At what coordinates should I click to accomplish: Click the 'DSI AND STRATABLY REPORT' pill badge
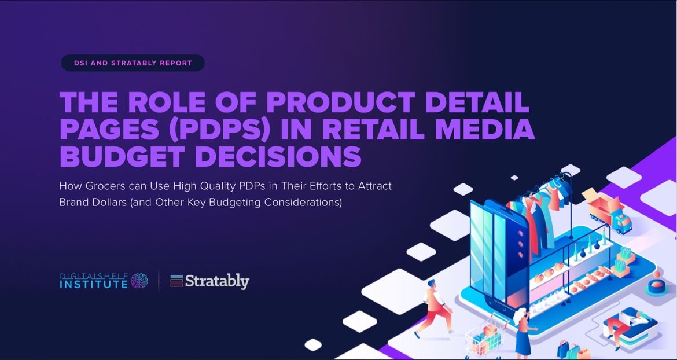(x=133, y=63)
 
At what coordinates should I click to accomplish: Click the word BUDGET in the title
(x=122, y=156)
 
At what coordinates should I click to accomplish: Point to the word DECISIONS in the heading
(x=278, y=156)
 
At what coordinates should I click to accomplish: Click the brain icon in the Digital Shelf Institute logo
(x=139, y=281)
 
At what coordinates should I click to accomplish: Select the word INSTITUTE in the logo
(x=94, y=284)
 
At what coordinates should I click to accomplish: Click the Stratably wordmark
(x=217, y=281)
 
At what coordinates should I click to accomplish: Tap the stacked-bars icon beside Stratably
(x=176, y=281)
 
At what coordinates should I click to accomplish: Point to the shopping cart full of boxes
(x=484, y=336)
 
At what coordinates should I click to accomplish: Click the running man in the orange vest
(x=435, y=307)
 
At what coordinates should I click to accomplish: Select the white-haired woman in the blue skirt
(x=523, y=330)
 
